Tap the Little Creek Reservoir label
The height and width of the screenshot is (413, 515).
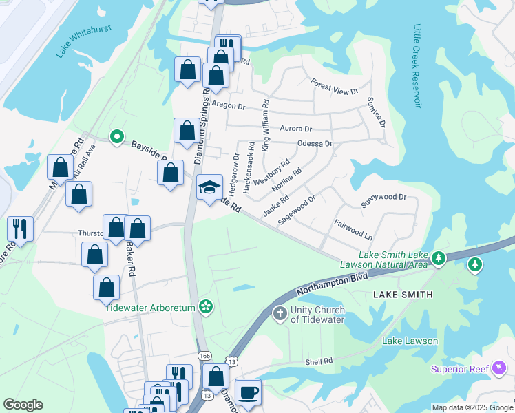click(417, 66)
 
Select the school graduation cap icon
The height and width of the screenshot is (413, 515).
click(210, 187)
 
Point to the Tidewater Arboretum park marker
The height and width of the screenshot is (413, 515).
click(204, 306)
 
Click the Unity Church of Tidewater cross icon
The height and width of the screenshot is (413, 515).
click(280, 314)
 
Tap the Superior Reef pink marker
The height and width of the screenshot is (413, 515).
click(497, 370)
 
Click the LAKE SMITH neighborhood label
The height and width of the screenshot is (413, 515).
click(403, 295)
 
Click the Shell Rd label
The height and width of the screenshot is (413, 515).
click(319, 361)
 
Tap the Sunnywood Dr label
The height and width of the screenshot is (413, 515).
click(384, 198)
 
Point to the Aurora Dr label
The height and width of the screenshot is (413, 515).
click(296, 129)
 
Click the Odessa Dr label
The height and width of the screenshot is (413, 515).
click(315, 144)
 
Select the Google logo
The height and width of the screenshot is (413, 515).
click(23, 405)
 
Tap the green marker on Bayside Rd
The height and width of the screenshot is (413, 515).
click(117, 138)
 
